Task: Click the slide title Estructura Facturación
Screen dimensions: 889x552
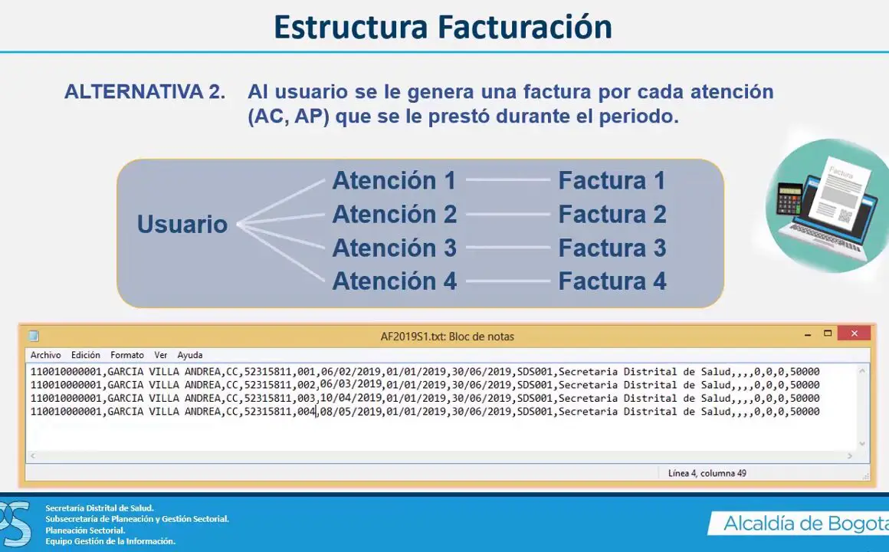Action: tap(443, 28)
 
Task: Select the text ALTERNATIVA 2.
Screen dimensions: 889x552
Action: tap(145, 92)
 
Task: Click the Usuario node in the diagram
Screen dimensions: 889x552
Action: tap(182, 224)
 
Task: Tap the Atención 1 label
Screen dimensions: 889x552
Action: tap(394, 180)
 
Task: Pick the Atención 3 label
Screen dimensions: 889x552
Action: tap(394, 248)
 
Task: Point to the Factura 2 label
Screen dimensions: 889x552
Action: tap(612, 215)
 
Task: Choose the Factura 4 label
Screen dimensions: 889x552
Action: tap(612, 281)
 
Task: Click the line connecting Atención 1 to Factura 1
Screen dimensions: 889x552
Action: tap(508, 180)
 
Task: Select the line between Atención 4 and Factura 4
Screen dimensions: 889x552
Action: tap(508, 281)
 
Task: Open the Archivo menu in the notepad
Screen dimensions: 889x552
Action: tap(45, 355)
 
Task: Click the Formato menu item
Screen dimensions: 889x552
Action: tap(127, 355)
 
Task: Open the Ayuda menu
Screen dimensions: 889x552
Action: tap(190, 355)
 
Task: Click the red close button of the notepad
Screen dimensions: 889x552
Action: tap(854, 333)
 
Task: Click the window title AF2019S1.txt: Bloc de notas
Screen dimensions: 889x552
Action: tap(448, 337)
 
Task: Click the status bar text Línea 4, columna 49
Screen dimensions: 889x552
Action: tap(707, 473)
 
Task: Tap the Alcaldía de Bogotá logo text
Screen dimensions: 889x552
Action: tap(805, 524)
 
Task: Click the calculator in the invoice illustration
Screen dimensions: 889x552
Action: tap(789, 199)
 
